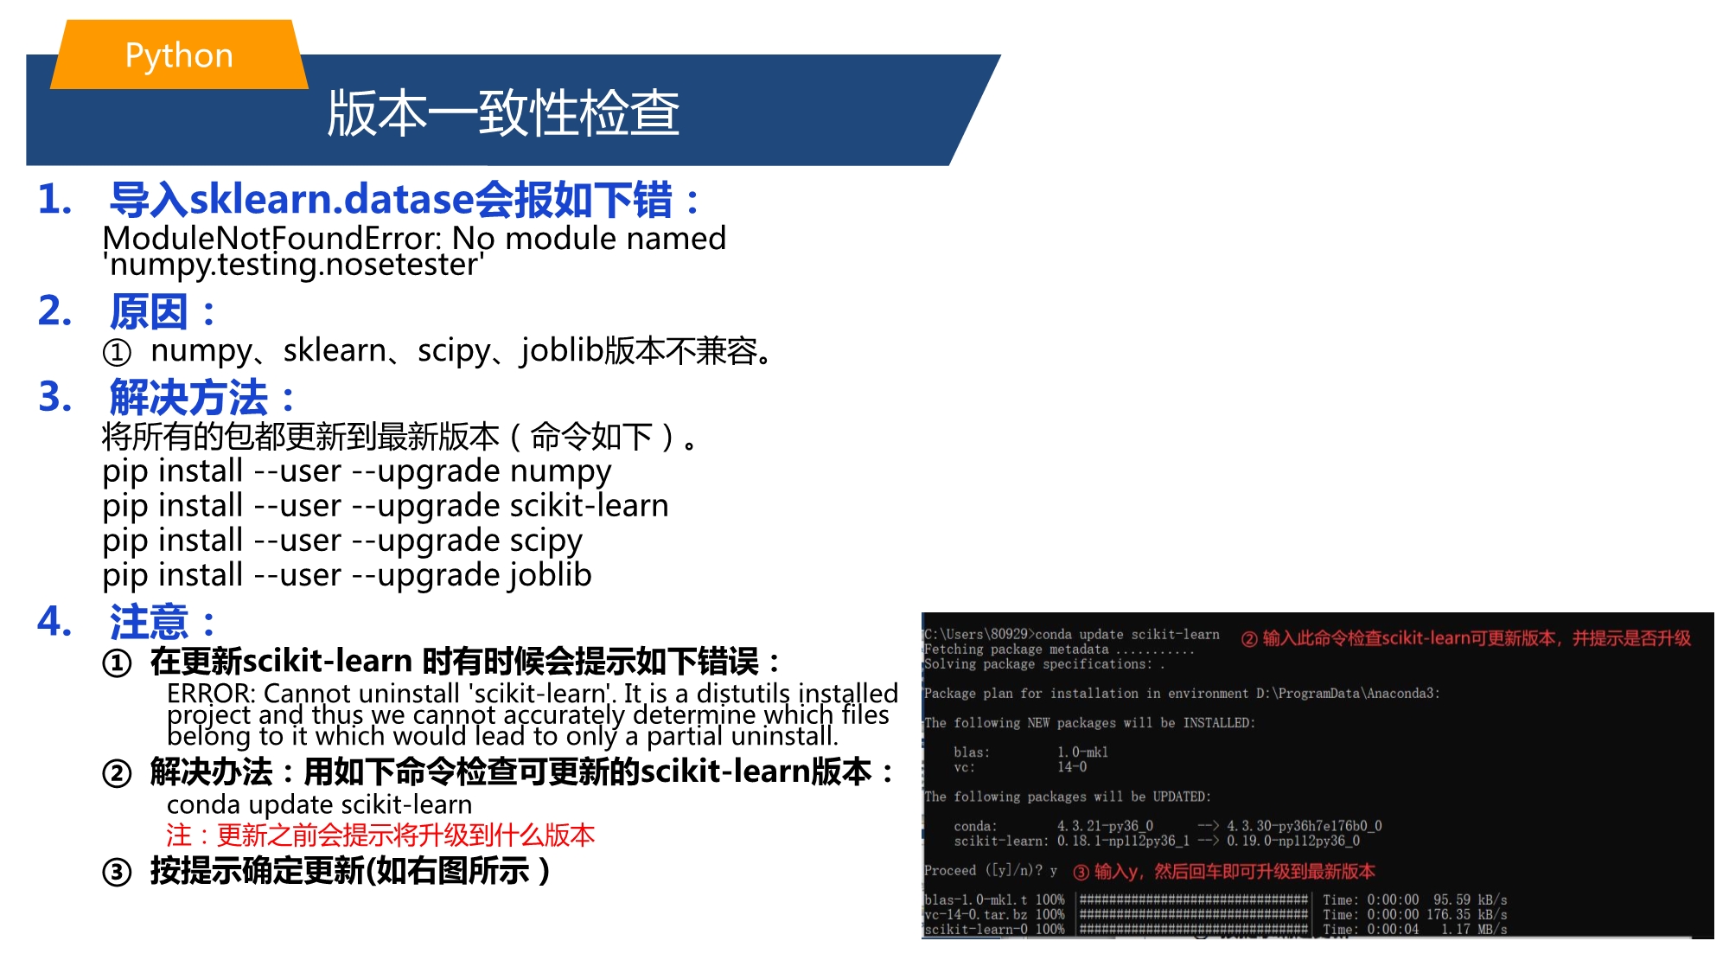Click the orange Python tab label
[179, 55]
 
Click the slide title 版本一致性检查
[503, 113]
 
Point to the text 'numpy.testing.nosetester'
[293, 265]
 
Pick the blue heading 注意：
[163, 622]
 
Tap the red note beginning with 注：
[380, 835]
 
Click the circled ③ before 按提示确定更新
[117, 872]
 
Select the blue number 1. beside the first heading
[54, 199]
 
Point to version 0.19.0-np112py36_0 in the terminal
[1293, 841]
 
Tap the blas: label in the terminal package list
[972, 752]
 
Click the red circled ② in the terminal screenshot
[1249, 639]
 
